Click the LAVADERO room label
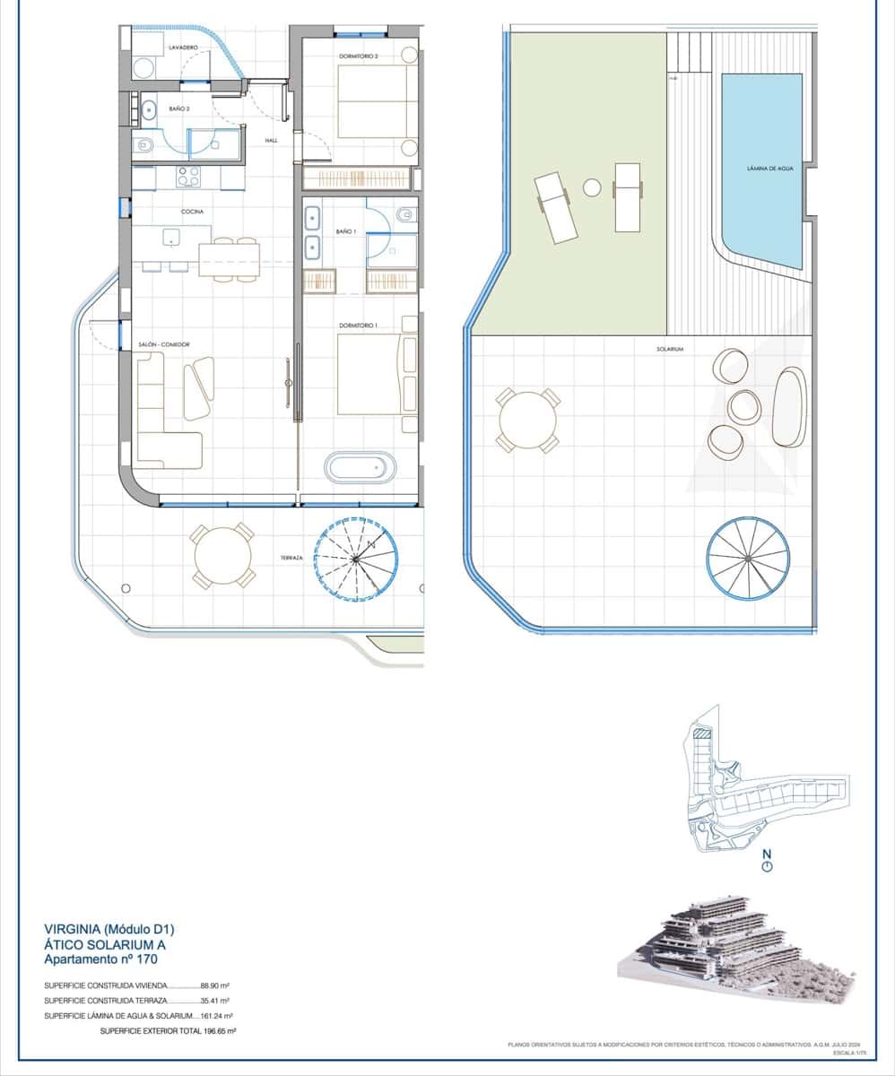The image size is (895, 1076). click(x=182, y=48)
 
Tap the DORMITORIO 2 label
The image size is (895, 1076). click(x=359, y=56)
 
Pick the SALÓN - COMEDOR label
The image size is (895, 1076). click(x=163, y=344)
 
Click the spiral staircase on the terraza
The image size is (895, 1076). click(x=356, y=559)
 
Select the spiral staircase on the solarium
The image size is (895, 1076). click(x=748, y=558)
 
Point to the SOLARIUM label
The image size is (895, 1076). click(x=670, y=349)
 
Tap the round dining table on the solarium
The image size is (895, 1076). click(x=527, y=421)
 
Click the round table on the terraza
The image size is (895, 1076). click(x=222, y=557)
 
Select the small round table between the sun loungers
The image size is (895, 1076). click(x=592, y=187)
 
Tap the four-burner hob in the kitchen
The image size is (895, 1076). click(x=188, y=177)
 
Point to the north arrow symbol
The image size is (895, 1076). click(x=766, y=863)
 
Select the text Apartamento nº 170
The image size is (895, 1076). click(x=100, y=959)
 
